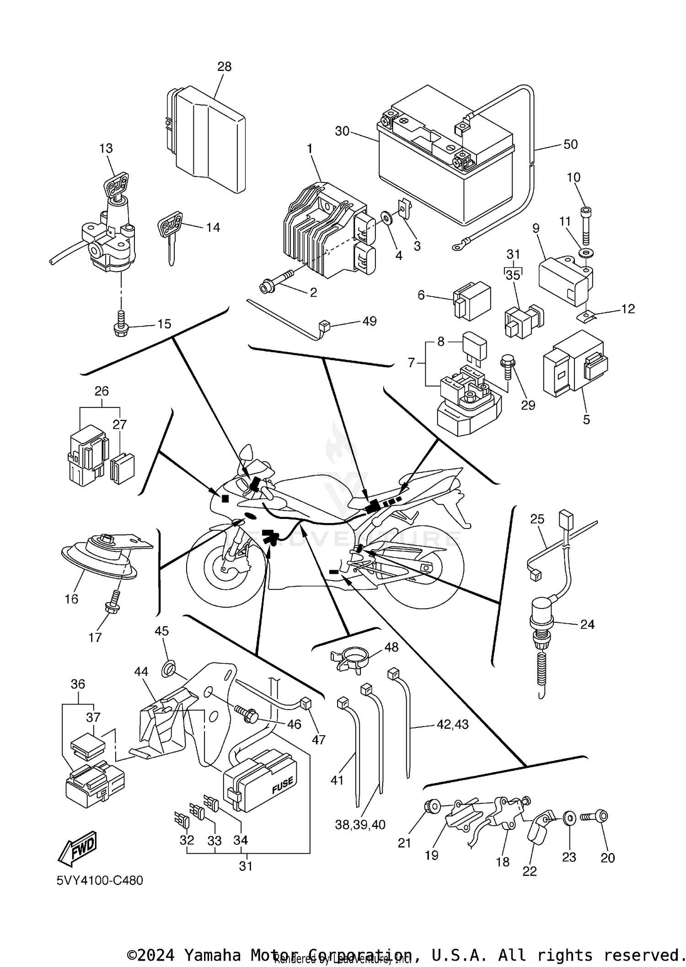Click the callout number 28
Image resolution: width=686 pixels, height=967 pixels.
pos(224,67)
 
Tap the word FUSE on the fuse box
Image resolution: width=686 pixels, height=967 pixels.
pos(282,785)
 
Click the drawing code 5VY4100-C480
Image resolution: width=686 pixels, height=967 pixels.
pos(100,880)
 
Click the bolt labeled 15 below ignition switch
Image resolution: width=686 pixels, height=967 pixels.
pos(120,323)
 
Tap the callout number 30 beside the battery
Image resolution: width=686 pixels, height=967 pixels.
pos(342,132)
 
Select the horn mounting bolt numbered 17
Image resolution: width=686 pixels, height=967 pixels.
pos(113,602)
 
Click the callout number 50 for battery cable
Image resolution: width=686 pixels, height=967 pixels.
pos(570,144)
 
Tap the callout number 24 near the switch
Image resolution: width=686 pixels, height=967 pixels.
pos(587,625)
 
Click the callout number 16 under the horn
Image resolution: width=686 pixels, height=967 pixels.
pos(71,598)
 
